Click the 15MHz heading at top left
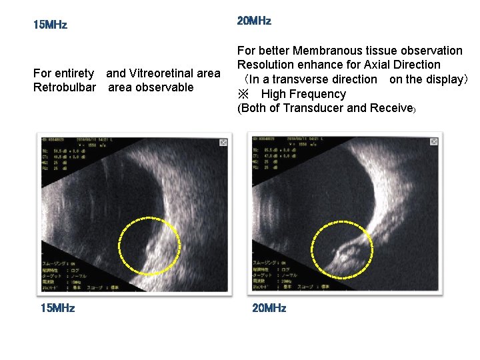[x=51, y=25]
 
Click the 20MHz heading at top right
[x=254, y=21]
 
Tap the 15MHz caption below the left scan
[x=58, y=308]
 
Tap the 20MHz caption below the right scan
[x=269, y=308]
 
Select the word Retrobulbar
[x=65, y=87]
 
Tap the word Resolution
[x=266, y=65]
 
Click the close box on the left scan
[x=223, y=142]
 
